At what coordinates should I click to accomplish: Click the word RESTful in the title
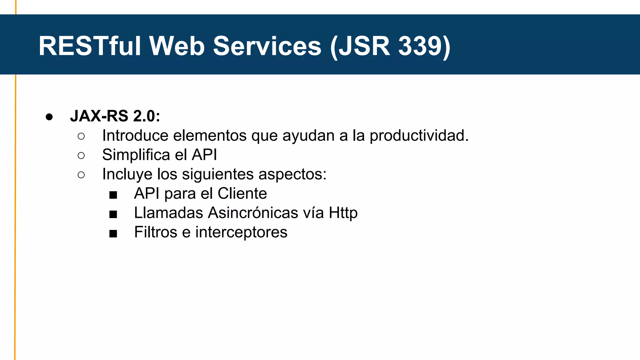(x=90, y=46)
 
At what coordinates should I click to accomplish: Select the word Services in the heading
(x=267, y=46)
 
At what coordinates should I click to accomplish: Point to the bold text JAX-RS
(x=99, y=116)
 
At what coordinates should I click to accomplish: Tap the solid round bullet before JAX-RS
(x=49, y=117)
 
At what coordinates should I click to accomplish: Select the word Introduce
(x=135, y=136)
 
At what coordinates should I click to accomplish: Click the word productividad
(x=419, y=136)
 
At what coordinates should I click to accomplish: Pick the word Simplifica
(x=136, y=155)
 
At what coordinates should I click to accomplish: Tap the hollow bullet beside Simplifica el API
(x=81, y=155)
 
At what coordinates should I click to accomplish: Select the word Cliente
(x=242, y=193)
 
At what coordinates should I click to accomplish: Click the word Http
(x=343, y=213)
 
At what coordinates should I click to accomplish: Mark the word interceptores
(x=241, y=232)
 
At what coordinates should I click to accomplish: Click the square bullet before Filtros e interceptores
(x=113, y=234)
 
